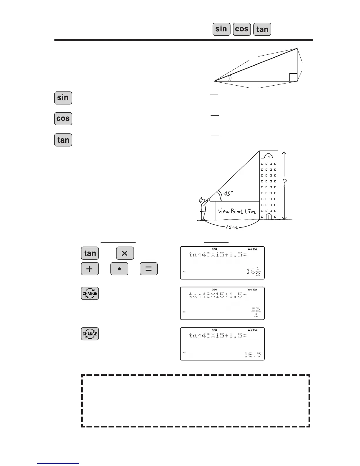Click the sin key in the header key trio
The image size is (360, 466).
tap(221, 29)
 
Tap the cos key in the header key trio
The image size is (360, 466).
tap(242, 29)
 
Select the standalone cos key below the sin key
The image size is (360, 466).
tap(63, 119)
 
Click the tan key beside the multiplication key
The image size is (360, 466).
tap(90, 253)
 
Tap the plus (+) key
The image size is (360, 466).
tap(90, 269)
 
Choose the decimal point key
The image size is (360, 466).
tap(119, 269)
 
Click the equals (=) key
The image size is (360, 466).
tap(149, 269)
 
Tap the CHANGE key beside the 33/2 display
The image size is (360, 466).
tap(90, 293)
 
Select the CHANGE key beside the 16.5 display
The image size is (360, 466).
tap(90, 334)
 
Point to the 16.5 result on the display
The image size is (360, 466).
tap(253, 355)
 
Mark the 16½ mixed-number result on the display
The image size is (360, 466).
tap(254, 271)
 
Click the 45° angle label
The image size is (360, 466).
tap(228, 193)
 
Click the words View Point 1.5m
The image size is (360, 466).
tap(237, 211)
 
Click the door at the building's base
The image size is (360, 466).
tap(269, 217)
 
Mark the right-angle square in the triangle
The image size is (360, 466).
tap(293, 77)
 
